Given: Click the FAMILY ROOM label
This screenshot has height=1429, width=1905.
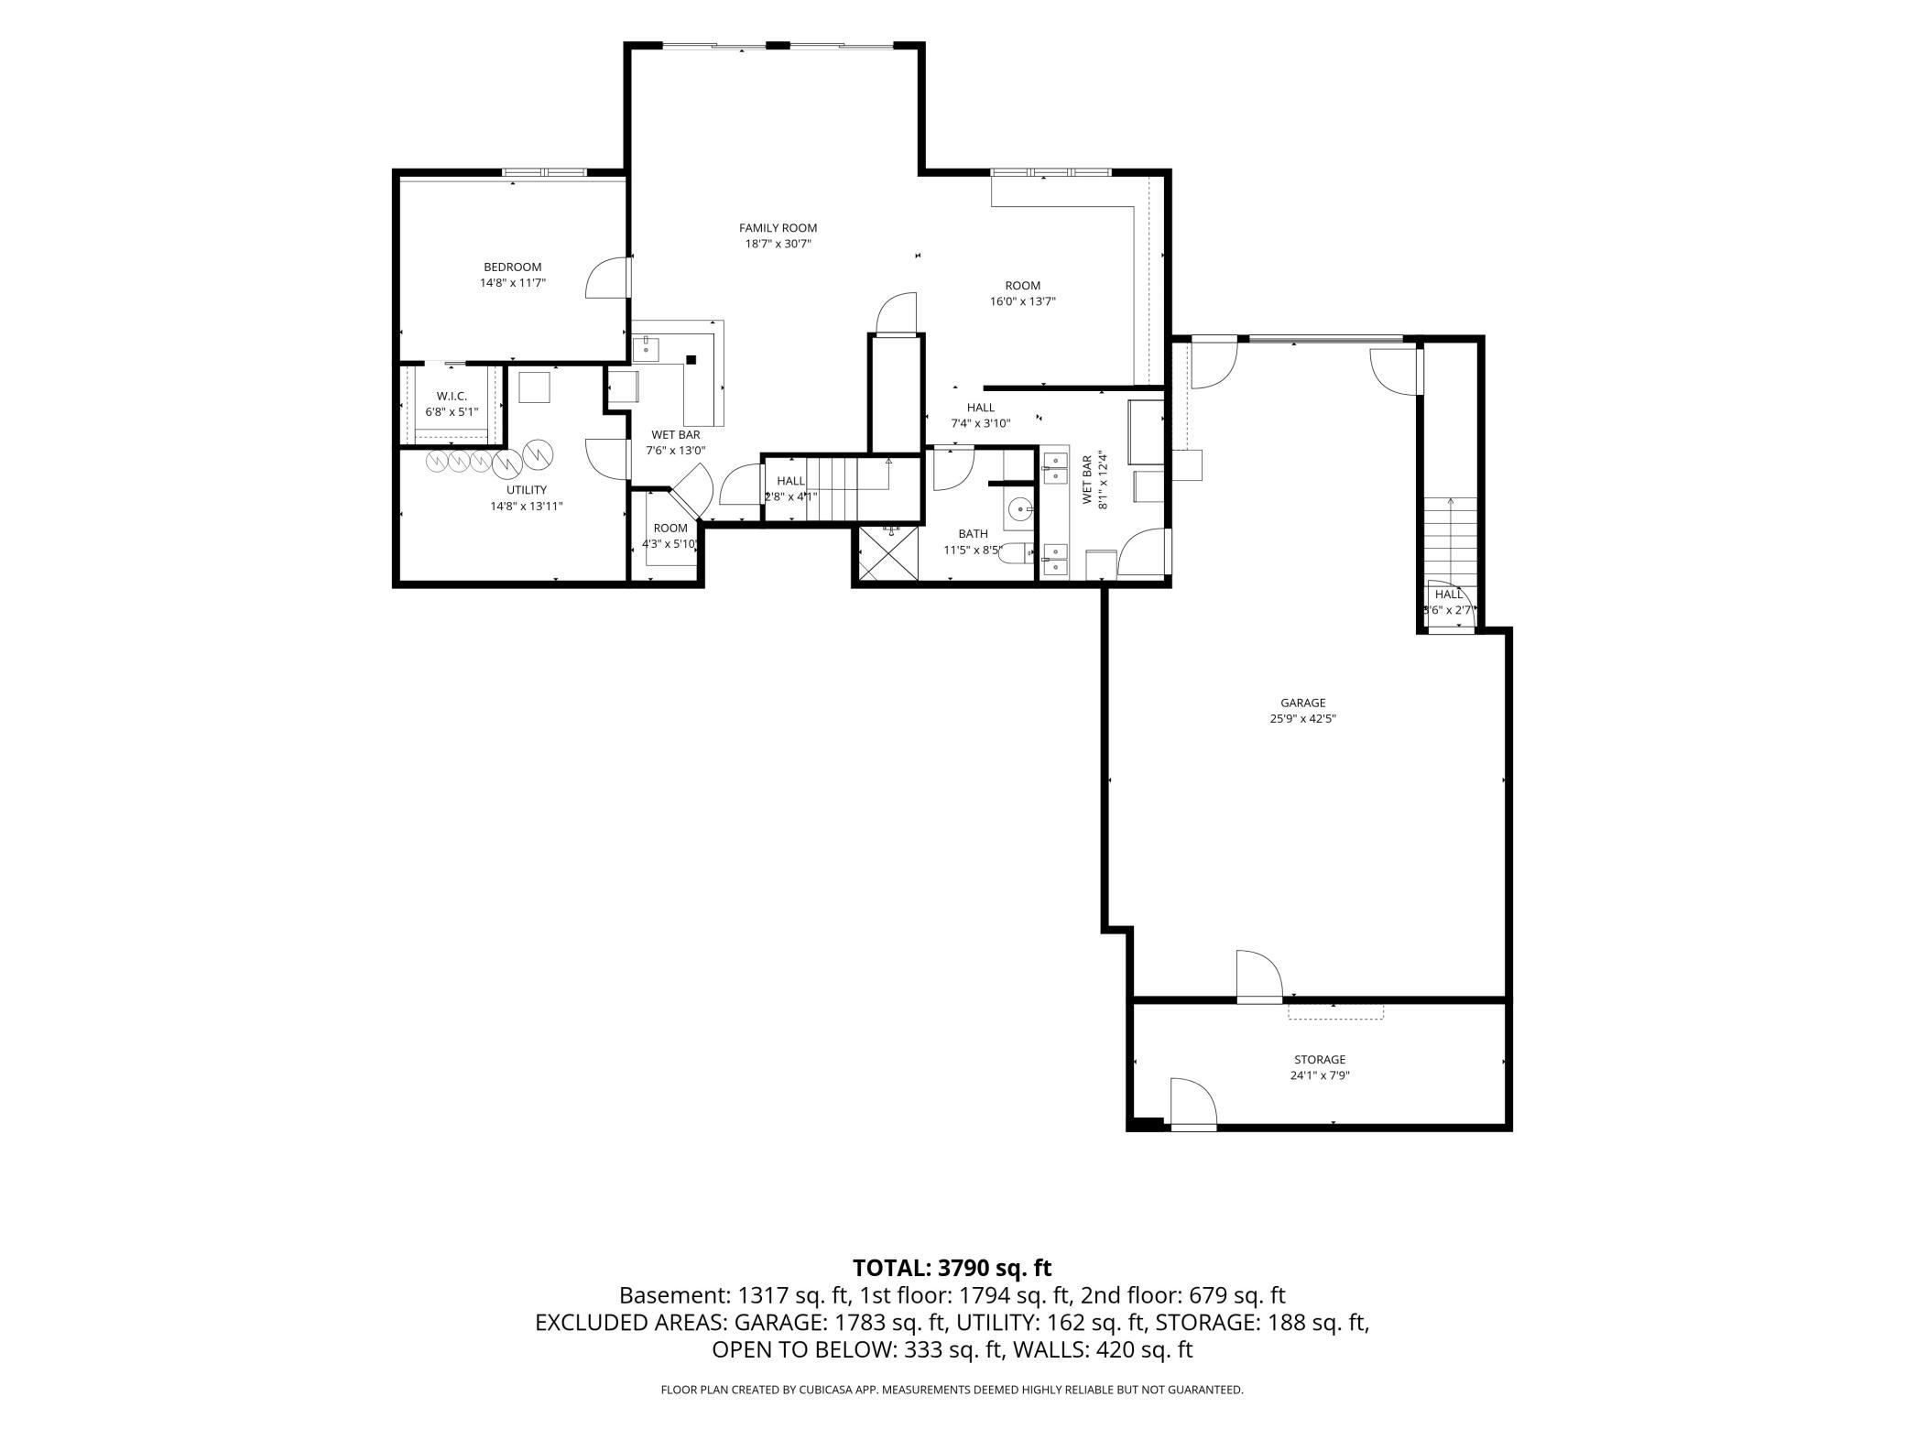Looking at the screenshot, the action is [778, 228].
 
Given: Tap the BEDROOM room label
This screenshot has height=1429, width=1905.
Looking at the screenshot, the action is [513, 267].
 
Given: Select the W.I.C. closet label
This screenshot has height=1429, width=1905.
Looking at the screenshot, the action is [452, 396].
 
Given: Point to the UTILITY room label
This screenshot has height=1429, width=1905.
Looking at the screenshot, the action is [527, 490].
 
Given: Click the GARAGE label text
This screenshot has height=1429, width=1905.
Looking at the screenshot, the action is [1303, 704].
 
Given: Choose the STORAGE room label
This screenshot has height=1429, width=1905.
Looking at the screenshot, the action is [1320, 1060].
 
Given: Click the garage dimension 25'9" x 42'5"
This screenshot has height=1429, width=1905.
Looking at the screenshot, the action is [1303, 719].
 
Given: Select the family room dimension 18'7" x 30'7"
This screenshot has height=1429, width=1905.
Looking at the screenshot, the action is [778, 244].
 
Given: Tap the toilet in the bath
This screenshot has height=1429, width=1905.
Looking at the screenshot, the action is [1016, 554].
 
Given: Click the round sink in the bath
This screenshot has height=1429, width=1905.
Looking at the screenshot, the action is [1019, 507].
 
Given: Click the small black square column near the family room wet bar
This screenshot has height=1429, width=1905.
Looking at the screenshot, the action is [691, 360].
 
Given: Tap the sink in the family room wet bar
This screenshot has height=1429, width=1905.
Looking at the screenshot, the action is [647, 349].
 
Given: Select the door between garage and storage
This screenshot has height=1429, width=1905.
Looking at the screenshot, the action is [1258, 977].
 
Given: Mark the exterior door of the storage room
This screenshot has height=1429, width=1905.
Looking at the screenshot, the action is [1193, 1104].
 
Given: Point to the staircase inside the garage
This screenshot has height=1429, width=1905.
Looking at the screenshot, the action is [1450, 540].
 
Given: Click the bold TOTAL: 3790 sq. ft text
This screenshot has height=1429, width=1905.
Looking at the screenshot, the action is [952, 1268].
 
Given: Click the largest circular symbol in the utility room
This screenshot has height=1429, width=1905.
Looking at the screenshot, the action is [539, 453].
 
